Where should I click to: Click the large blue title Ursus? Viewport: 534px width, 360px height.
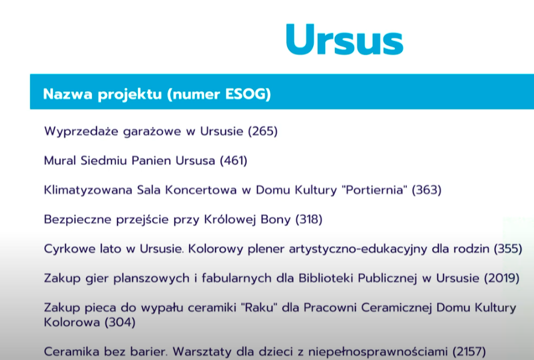[344, 39]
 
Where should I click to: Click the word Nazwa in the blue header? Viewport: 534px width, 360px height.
[68, 94]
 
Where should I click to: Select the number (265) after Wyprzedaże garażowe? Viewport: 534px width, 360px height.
[262, 131]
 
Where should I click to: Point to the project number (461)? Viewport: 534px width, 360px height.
[234, 160]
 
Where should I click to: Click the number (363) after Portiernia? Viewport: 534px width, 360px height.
[426, 190]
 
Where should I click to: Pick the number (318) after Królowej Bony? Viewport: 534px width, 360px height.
[309, 219]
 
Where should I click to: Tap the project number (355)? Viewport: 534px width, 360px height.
[508, 249]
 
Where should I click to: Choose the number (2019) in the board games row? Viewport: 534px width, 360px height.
[501, 278]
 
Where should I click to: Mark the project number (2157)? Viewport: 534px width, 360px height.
[469, 352]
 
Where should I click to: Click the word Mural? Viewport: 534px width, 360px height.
[60, 160]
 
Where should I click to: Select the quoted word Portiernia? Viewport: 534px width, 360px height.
[374, 190]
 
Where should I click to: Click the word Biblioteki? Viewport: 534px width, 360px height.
[326, 278]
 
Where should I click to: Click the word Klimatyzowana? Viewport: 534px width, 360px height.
[88, 190]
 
